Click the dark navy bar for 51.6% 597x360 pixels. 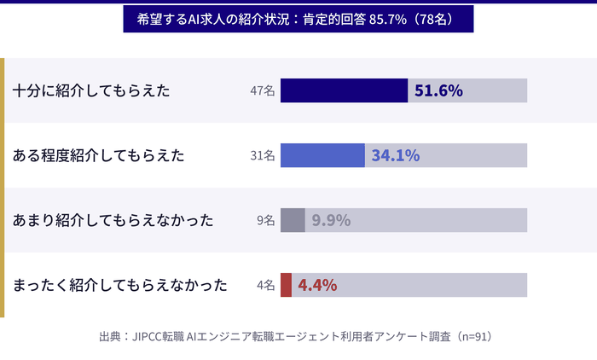pos(344,90)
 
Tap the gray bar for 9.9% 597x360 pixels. pos(293,220)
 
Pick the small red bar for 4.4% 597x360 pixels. pos(286,285)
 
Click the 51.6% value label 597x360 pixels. pos(438,90)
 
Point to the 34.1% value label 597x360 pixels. pos(395,155)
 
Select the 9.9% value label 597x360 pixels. pos(331,220)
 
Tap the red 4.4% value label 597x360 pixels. pos(317,285)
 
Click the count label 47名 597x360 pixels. pos(262,90)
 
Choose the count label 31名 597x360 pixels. pos(262,155)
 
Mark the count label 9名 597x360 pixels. pos(265,220)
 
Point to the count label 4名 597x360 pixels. pos(265,285)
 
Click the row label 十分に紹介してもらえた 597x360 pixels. pos(92,90)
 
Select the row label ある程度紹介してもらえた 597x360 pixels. pos(99,155)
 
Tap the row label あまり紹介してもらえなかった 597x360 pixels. pos(113,220)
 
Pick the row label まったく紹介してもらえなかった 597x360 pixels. pos(120,285)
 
